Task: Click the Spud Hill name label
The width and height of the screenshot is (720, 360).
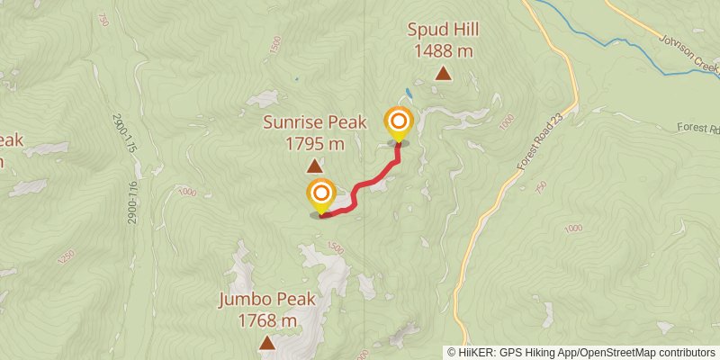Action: pyautogui.click(x=443, y=30)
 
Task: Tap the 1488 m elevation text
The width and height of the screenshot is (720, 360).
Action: pyautogui.click(x=443, y=51)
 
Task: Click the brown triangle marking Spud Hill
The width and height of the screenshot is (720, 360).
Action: pyautogui.click(x=443, y=75)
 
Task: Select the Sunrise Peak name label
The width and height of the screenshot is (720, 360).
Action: pyautogui.click(x=314, y=122)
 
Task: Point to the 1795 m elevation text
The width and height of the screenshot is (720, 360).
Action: pyautogui.click(x=314, y=143)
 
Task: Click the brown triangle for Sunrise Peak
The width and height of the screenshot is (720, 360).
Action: pyautogui.click(x=314, y=166)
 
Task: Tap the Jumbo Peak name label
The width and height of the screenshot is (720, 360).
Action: pyautogui.click(x=267, y=300)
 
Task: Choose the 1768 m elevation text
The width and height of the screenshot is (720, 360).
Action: pyautogui.click(x=267, y=320)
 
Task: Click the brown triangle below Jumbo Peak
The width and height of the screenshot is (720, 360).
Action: pyautogui.click(x=267, y=343)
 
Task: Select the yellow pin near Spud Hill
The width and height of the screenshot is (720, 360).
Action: pyautogui.click(x=398, y=123)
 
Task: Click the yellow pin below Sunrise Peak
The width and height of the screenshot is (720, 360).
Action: pyautogui.click(x=321, y=195)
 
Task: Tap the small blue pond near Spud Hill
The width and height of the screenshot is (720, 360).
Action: pyautogui.click(x=409, y=93)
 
